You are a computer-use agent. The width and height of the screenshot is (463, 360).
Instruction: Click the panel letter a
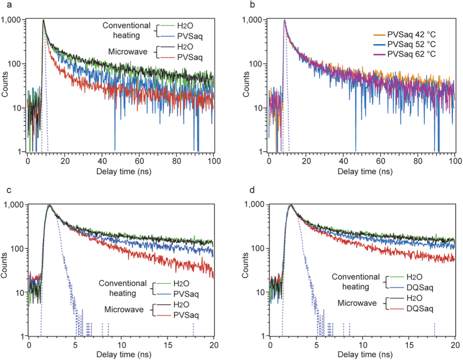point(4,5)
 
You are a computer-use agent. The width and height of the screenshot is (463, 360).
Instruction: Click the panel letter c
point(4,188)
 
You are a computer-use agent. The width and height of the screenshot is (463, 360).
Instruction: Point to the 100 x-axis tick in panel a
point(213,159)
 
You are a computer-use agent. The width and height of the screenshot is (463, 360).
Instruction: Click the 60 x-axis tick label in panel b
point(381,159)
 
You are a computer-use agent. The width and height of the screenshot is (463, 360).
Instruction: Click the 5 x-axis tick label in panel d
point(316,344)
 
